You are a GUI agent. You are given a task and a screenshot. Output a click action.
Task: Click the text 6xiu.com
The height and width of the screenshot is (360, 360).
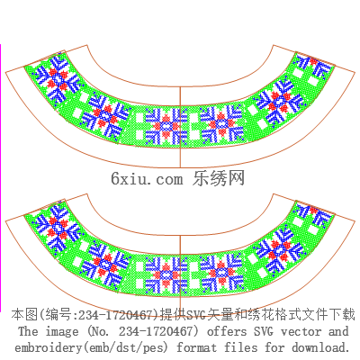click(147, 179)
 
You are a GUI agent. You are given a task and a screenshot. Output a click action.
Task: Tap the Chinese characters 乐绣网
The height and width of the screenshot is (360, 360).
click(219, 178)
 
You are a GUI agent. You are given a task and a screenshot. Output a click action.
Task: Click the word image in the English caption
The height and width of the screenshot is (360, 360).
click(62, 331)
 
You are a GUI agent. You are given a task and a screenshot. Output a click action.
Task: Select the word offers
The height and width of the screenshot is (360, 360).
click(227, 331)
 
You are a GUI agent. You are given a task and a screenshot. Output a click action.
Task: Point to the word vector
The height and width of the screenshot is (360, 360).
click(301, 331)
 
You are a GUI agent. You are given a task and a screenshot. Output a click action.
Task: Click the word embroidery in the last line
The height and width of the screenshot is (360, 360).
click(48, 347)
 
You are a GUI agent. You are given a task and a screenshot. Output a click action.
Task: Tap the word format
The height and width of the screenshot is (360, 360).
click(196, 347)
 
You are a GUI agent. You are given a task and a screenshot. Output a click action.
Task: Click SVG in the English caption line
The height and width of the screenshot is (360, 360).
click(264, 331)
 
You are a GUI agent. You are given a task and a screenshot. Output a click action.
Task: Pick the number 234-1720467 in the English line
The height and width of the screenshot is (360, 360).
click(156, 331)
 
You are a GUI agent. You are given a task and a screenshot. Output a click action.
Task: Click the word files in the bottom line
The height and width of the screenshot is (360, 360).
click(241, 347)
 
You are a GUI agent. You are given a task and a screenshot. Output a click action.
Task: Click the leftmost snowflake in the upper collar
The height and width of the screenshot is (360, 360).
click(58, 78)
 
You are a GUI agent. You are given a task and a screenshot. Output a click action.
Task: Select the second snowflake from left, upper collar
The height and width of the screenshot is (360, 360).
click(105, 115)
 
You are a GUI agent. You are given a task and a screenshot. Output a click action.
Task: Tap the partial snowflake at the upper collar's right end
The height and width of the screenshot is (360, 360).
click(316, 66)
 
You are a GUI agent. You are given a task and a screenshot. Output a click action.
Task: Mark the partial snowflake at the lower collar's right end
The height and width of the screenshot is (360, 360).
click(315, 214)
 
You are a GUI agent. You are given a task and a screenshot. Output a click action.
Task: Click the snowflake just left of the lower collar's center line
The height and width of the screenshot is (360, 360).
click(166, 274)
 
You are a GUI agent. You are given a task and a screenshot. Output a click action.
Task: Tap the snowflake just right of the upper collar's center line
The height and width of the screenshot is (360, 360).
click(222, 124)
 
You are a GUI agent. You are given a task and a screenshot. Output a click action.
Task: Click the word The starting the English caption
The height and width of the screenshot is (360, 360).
click(28, 331)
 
